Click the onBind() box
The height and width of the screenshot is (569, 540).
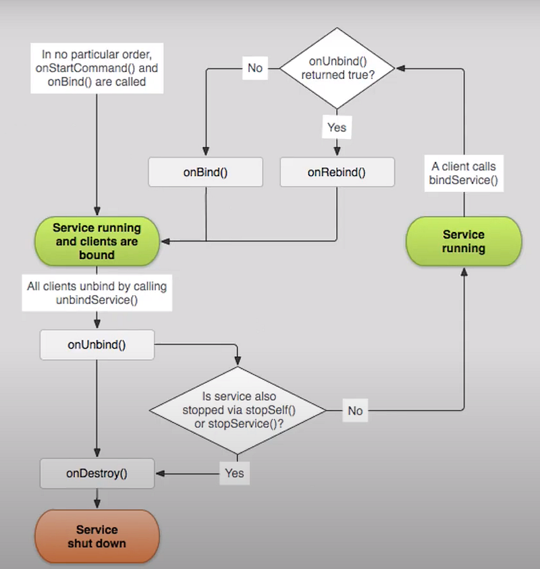[205, 172]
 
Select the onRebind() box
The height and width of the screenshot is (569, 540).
[337, 172]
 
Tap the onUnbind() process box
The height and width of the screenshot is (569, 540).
[97, 345]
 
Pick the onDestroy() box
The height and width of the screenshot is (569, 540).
[97, 473]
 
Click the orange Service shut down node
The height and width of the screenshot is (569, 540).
[97, 537]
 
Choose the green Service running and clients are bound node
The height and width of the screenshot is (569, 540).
[97, 241]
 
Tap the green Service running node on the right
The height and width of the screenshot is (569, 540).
[464, 241]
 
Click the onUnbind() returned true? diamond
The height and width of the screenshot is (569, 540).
[337, 68]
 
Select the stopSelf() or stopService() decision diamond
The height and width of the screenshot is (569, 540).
[238, 411]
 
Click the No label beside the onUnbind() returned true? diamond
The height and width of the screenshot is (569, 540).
[255, 68]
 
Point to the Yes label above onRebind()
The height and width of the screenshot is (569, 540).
[337, 127]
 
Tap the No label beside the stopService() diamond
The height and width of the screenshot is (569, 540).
[355, 411]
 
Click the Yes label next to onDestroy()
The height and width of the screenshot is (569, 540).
[234, 473]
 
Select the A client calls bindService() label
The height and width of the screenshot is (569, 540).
[464, 173]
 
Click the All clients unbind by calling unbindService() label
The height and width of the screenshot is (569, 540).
[97, 293]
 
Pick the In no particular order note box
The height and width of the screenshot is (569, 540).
[97, 68]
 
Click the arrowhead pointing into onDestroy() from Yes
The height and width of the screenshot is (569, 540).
[160, 473]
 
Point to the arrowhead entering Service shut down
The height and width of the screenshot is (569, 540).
[97, 504]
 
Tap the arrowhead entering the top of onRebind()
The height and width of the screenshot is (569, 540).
[337, 151]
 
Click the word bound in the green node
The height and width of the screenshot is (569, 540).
[97, 255]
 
